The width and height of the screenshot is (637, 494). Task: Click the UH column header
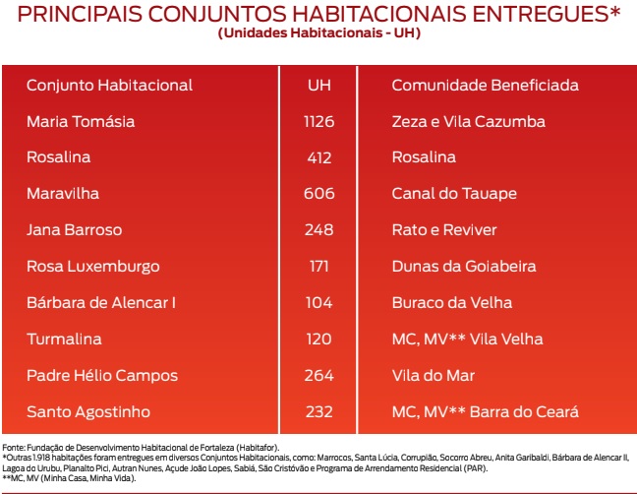pyautogui.click(x=318, y=86)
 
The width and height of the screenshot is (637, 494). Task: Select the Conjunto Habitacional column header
pyautogui.click(x=109, y=86)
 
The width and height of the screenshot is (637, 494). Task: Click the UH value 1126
pyautogui.click(x=318, y=122)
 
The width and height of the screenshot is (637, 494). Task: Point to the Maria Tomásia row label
pyautogui.click(x=81, y=122)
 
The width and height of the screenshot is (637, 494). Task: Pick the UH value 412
pyautogui.click(x=318, y=157)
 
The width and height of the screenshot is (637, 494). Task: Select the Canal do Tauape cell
pyautogui.click(x=453, y=194)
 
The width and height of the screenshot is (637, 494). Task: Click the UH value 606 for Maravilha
pyautogui.click(x=318, y=194)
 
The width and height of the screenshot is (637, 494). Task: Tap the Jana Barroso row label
pyautogui.click(x=75, y=230)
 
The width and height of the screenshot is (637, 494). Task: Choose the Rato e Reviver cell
pyautogui.click(x=444, y=230)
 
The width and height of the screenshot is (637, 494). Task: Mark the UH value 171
pyautogui.click(x=318, y=267)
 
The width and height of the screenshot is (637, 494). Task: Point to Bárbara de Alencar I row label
pyautogui.click(x=101, y=303)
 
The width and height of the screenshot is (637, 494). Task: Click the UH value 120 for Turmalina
pyautogui.click(x=318, y=340)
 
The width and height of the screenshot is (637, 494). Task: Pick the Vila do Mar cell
pyautogui.click(x=433, y=375)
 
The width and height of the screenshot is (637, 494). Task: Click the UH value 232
pyautogui.click(x=318, y=411)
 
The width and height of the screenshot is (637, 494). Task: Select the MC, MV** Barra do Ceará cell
pyautogui.click(x=485, y=411)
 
